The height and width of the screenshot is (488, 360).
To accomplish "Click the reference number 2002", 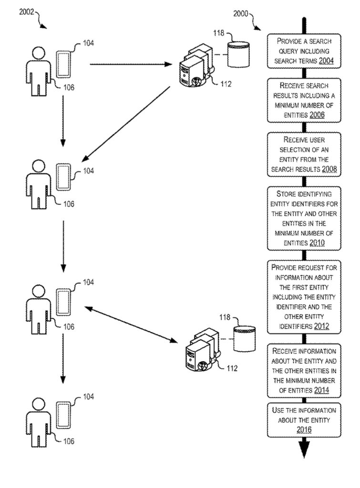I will [27, 13].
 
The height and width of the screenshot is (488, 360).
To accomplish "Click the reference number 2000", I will [241, 13].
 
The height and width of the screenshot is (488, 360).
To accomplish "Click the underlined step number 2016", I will [304, 430].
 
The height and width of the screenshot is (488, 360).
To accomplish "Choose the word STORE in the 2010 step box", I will [287, 194].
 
